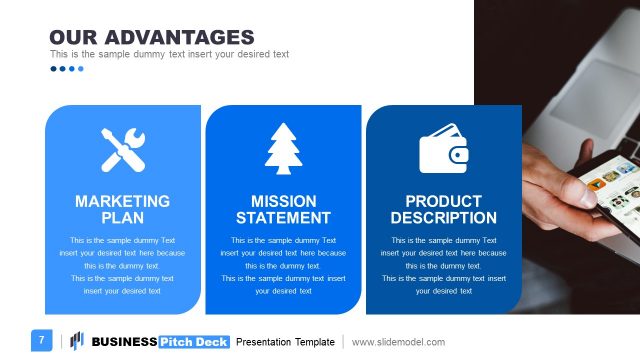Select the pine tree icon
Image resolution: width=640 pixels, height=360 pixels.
[x=283, y=151]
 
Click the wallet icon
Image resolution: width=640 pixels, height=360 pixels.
[x=443, y=151]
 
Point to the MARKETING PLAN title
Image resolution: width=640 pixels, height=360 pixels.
[x=123, y=209]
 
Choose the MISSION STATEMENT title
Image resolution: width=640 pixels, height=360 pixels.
[x=283, y=209]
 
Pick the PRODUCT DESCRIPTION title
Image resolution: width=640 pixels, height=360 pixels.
[x=443, y=209]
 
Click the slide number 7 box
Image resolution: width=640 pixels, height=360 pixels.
[x=42, y=340]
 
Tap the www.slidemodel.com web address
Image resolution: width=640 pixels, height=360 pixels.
[x=398, y=342]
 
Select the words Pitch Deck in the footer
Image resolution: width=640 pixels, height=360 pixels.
[x=194, y=342]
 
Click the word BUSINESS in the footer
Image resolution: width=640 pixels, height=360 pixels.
[x=124, y=342]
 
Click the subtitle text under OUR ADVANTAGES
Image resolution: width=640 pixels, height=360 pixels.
[x=169, y=54]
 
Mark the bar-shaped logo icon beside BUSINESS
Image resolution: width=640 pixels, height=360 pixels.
[x=76, y=341]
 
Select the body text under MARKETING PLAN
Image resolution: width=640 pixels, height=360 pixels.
[x=123, y=265]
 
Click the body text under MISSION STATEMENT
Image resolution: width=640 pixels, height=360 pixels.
[x=283, y=265]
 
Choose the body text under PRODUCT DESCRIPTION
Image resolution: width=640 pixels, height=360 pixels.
[x=443, y=265]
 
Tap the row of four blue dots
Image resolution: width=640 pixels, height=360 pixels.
[x=67, y=69]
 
